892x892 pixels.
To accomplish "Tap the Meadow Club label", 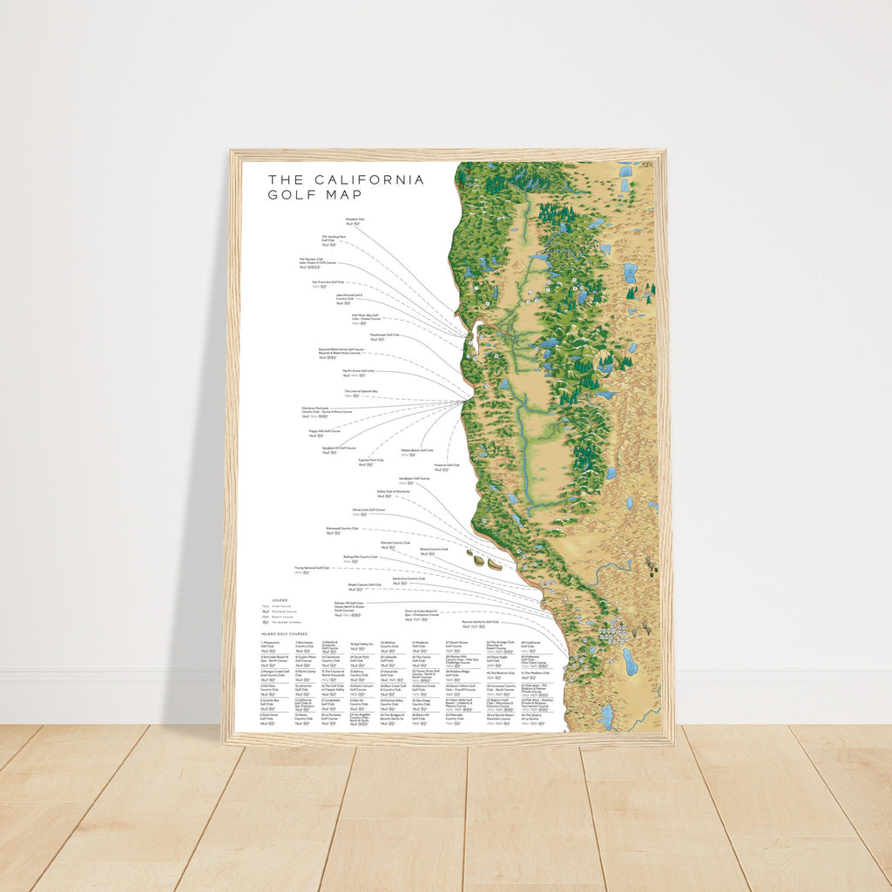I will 355,220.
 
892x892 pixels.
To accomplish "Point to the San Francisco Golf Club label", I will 328,282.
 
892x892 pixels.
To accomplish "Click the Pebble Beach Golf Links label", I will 417,450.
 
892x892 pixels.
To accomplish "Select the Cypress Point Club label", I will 370,460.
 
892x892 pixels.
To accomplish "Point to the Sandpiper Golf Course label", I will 414,478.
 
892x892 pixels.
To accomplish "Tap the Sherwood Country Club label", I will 342,528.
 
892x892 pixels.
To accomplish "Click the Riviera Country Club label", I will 434,549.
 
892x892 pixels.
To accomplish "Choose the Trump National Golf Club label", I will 311,567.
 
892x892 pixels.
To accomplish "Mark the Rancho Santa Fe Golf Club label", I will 480,622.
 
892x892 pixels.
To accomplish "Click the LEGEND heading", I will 279,600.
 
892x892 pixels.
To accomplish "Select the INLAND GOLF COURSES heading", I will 282,634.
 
